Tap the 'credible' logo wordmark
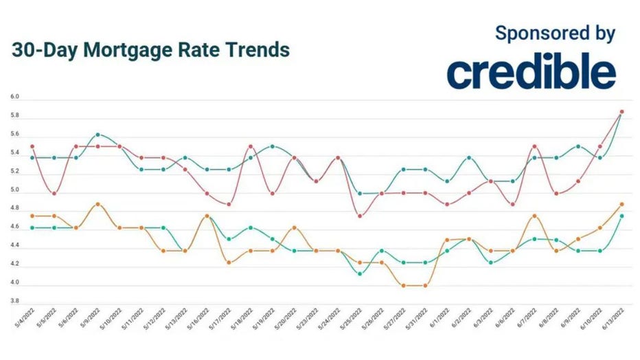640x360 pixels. point(531,72)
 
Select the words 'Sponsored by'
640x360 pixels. point(555,32)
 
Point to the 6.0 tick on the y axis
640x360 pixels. point(15,98)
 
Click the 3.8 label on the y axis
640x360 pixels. point(15,301)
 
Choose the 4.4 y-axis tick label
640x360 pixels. point(15,245)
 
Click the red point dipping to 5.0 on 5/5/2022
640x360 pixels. point(54,193)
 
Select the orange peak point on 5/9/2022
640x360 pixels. point(98,204)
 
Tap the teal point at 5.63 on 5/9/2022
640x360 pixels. point(98,135)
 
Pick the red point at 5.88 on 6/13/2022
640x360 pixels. point(621,111)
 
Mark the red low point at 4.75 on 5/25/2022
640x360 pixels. point(360,216)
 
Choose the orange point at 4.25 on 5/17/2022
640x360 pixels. point(229,262)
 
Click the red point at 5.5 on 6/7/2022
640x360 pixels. point(534,146)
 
